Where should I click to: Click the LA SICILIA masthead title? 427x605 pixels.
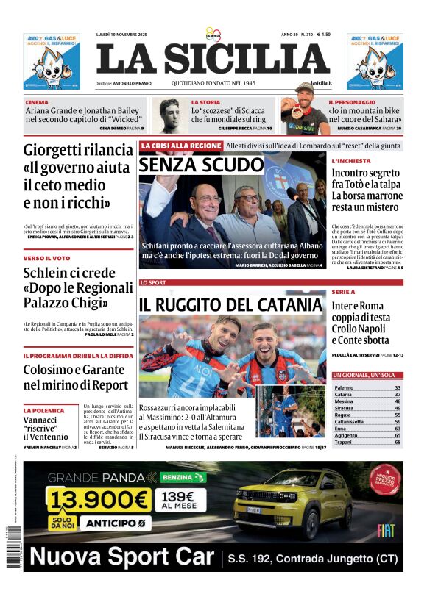[213, 60]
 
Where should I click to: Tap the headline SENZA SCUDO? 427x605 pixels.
[201, 165]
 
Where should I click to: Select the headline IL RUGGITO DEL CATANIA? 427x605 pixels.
[231, 304]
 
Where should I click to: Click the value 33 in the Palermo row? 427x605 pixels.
[398, 387]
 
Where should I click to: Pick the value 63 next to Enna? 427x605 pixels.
[398, 429]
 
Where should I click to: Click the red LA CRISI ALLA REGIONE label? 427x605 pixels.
[180, 146]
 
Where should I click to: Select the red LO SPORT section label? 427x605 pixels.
[153, 282]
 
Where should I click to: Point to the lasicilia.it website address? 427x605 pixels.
[321, 83]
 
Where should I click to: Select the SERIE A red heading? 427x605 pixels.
[343, 292]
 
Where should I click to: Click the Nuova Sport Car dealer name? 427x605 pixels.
[122, 556]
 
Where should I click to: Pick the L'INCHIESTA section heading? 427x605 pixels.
[350, 160]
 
